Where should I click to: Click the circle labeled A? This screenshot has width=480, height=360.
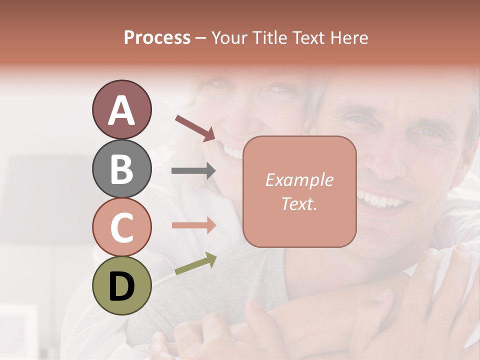121,110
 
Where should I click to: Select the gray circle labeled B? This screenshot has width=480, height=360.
121,168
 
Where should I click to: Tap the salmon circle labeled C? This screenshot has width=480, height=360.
121,226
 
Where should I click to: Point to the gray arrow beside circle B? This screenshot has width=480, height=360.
193,171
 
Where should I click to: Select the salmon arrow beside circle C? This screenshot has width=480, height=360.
193,225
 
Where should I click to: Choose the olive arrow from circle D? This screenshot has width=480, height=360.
195,264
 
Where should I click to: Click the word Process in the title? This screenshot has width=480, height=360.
157,37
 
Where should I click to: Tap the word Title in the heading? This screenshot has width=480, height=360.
270,37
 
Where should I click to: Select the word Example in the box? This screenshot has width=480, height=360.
299,180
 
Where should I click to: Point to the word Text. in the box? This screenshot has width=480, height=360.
299,203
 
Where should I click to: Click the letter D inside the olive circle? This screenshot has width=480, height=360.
121,286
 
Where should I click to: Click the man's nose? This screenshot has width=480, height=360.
385,165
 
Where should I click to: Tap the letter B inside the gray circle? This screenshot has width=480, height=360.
121,169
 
